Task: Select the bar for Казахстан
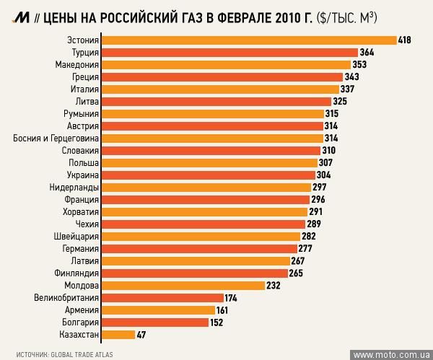118,334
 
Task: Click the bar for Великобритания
162,297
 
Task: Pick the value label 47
142,334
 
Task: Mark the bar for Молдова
183,285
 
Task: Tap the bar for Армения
157,309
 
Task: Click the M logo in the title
12,16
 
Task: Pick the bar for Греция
222,76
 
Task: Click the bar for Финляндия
195,273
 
